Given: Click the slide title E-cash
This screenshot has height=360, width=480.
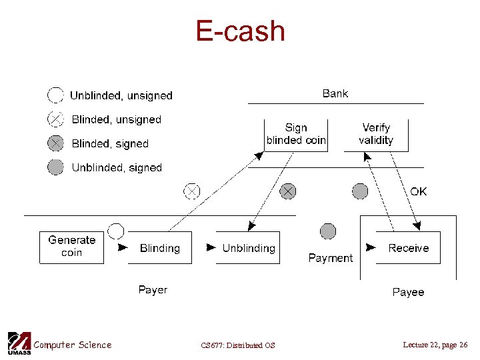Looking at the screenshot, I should click(240, 31).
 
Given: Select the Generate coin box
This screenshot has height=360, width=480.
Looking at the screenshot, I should click(71, 247).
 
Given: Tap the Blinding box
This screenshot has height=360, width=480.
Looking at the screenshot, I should click(159, 248).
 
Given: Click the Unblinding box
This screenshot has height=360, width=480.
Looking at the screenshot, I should click(248, 248).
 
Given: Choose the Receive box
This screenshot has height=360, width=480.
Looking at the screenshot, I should click(408, 248).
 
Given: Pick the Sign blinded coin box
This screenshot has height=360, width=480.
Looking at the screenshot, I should click(296, 134).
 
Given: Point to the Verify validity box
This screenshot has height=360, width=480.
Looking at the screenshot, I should click(376, 134).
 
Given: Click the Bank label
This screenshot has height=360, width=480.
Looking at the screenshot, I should click(335, 93).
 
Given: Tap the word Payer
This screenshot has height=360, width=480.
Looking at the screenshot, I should click(153, 290).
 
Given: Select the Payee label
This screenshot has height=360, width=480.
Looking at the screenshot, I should click(408, 292).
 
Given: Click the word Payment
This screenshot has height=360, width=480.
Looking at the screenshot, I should click(331, 258).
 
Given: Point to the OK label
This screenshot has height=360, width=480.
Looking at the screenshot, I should click(419, 192).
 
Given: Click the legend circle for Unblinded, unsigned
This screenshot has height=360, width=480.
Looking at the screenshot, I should click(56, 95).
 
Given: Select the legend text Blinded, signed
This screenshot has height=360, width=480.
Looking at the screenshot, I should click(110, 144).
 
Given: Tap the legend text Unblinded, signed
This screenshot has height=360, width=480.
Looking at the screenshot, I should click(117, 168).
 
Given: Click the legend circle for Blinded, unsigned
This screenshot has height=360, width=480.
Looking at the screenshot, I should click(56, 120).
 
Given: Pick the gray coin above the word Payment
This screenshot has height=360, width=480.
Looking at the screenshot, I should click(328, 231).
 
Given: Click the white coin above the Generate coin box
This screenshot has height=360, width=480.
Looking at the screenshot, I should click(116, 231).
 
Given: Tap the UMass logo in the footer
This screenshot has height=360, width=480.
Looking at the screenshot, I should click(19, 343).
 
